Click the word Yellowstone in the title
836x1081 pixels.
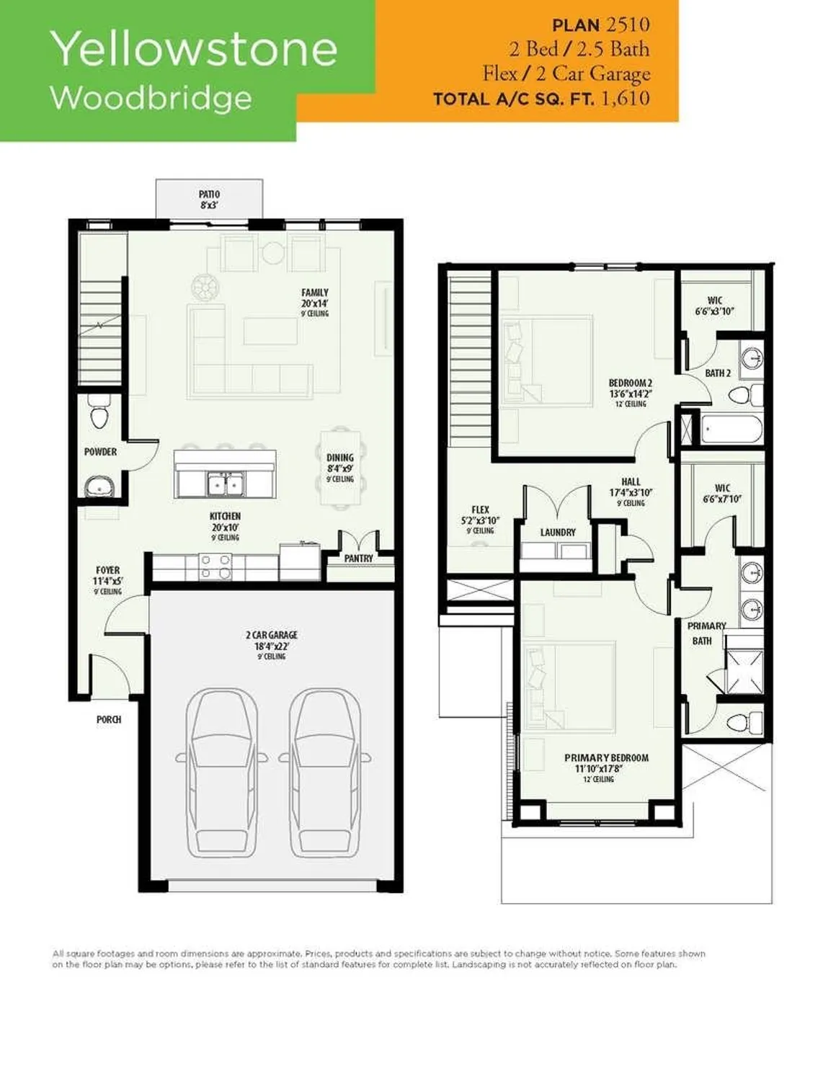coord(193,49)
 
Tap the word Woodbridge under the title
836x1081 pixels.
coord(151,97)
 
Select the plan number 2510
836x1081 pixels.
coord(627,25)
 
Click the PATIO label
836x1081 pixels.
coord(209,195)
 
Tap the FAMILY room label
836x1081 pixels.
coord(315,293)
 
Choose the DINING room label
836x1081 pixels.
coord(339,458)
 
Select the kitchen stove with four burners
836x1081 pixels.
coord(215,566)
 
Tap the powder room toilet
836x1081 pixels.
coord(99,413)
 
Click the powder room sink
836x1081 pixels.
coord(98,487)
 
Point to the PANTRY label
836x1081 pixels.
coord(358,559)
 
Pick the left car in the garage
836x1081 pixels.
coord(221,771)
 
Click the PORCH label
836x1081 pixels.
coord(109,719)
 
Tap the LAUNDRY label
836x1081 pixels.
coord(558,533)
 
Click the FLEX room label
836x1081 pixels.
coord(480,510)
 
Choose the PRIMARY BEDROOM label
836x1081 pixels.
coord(606,758)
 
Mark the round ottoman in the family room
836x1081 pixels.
coord(205,288)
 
